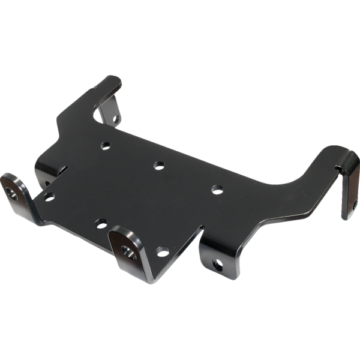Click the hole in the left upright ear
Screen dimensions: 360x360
(14, 193)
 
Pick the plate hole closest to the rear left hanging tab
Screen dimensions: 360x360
(106, 145)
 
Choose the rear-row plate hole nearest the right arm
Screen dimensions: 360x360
(217, 190)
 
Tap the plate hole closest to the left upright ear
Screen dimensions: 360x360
(49, 196)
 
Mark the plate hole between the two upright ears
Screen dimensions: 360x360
(101, 224)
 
